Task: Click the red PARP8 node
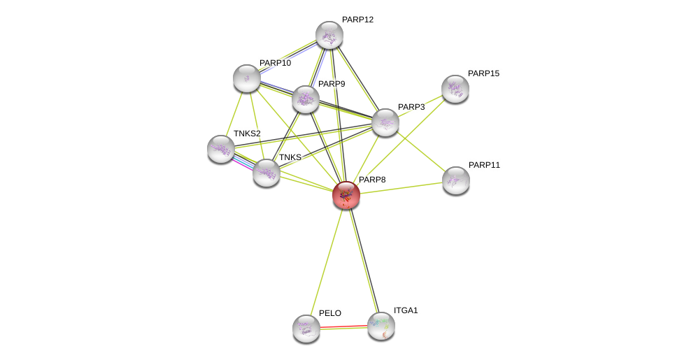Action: point(346,195)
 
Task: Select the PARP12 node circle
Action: point(329,35)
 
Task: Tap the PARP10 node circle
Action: point(247,78)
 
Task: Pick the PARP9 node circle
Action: point(306,99)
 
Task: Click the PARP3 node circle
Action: point(385,122)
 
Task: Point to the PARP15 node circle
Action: point(455,89)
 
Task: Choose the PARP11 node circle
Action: point(456,180)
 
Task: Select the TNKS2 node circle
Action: point(221,149)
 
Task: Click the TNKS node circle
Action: point(267,173)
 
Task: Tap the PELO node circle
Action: point(306,329)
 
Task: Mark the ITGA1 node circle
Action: point(381,326)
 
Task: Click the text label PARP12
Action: point(357,20)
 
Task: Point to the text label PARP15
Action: point(483,73)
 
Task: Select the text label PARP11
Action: point(484,165)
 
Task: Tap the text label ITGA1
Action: point(406,310)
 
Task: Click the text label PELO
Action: point(330,313)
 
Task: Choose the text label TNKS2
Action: point(247,134)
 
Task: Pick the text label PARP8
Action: point(372,180)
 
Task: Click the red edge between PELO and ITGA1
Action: point(343,327)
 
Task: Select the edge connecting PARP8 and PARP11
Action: point(402,187)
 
